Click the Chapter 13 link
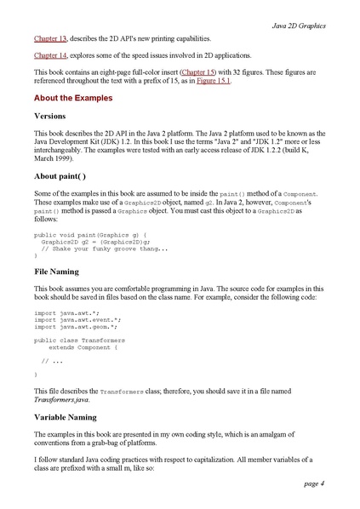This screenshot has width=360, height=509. (x=50, y=39)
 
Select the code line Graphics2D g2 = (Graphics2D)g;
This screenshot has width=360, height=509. (x=89, y=241)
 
